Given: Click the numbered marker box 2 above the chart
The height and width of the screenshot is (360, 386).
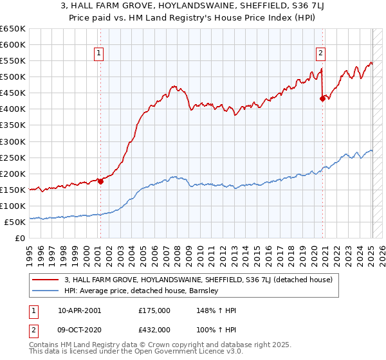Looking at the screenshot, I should coord(320,54).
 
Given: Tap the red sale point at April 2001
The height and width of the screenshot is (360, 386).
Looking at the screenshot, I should coord(100,181).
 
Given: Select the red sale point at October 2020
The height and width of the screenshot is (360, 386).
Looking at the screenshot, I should coord(322,98).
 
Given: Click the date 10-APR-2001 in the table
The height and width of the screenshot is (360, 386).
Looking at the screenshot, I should coord(80,310).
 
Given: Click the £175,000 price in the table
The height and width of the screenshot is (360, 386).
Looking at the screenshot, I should coord(154,310).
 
